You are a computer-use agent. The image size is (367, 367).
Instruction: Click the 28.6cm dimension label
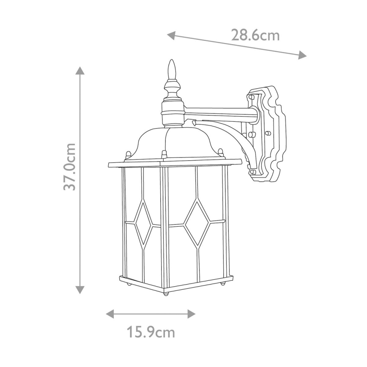255,35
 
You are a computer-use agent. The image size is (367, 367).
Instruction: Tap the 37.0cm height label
70,167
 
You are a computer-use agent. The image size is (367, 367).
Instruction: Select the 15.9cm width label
151,332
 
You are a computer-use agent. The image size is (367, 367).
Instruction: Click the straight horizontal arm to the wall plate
220,113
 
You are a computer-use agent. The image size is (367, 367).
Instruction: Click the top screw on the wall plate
252,97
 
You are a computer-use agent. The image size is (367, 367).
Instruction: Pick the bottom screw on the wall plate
252,172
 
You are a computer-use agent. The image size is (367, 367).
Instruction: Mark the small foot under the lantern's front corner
167,292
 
